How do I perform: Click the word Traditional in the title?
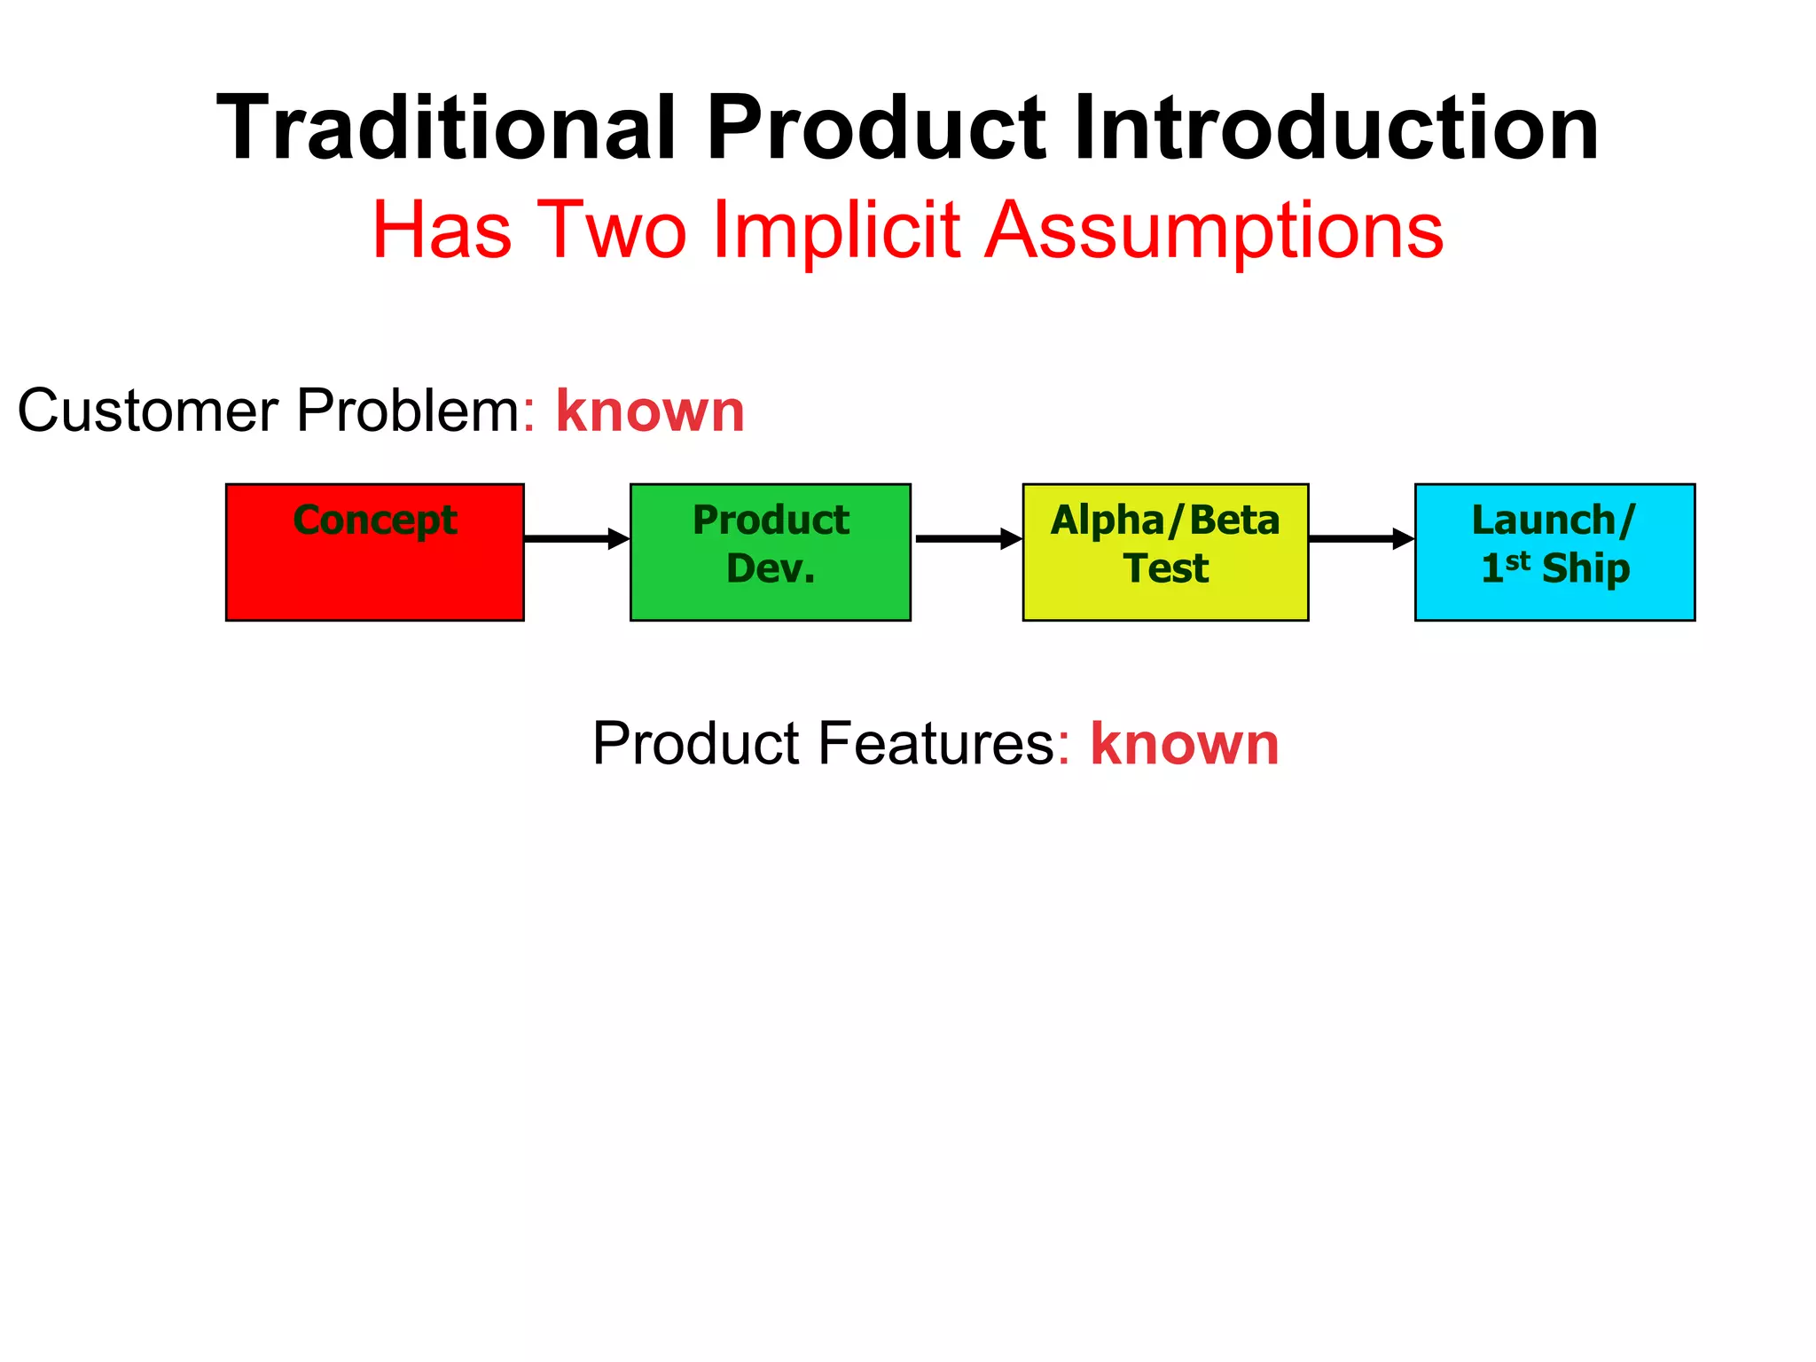click(x=446, y=129)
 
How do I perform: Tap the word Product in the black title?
click(x=876, y=129)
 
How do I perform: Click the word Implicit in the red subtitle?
click(x=835, y=231)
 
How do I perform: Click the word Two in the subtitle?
click(x=612, y=231)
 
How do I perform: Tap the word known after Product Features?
click(x=1184, y=744)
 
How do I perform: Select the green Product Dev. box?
click(x=770, y=552)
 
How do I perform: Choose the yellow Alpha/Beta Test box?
click(x=1165, y=552)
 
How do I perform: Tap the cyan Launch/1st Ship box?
click(x=1554, y=552)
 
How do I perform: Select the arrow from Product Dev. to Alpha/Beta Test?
click(x=967, y=538)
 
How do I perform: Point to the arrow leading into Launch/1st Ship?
click(x=1361, y=538)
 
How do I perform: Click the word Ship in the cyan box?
click(x=1585, y=568)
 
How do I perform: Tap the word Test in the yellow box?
click(x=1165, y=568)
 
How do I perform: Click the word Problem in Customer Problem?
click(x=408, y=411)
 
